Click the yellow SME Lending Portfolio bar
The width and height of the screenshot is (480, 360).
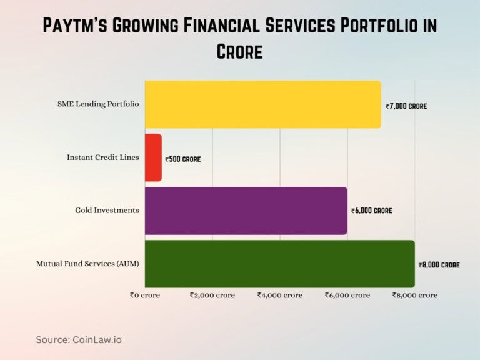pos(262,104)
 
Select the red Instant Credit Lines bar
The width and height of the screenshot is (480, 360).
pos(153,158)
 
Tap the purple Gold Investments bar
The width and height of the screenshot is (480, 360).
pos(246,211)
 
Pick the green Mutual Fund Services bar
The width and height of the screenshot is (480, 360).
pos(279,264)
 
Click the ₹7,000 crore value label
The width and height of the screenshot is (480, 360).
pos(406,106)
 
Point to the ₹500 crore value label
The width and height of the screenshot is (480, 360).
pos(183,159)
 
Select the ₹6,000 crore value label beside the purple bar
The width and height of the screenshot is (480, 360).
pos(372,211)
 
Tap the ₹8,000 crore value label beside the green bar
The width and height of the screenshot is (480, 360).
pos(439,265)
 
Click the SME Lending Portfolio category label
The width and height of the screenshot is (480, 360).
pos(98,104)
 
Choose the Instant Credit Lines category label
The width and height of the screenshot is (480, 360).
pos(103,157)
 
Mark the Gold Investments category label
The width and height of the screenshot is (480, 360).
pos(107,211)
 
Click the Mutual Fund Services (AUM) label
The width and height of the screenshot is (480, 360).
pos(87,264)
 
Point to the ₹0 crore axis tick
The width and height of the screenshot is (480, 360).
pos(145,295)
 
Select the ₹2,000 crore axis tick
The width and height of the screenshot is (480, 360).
pos(212,295)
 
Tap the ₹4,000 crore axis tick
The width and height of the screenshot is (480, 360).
pos(280,295)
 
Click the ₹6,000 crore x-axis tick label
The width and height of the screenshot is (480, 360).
pos(347,295)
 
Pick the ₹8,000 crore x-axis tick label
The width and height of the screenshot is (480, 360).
pos(415,295)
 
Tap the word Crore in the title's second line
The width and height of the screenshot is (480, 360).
pos(240,52)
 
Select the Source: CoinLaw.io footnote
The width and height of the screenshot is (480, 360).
pos(79,339)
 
